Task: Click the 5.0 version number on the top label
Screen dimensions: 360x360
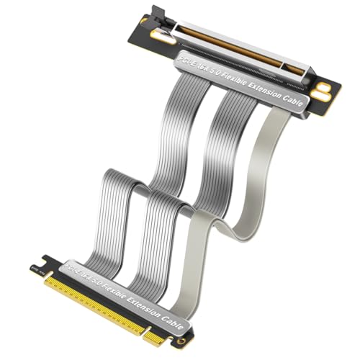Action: point(209,66)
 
